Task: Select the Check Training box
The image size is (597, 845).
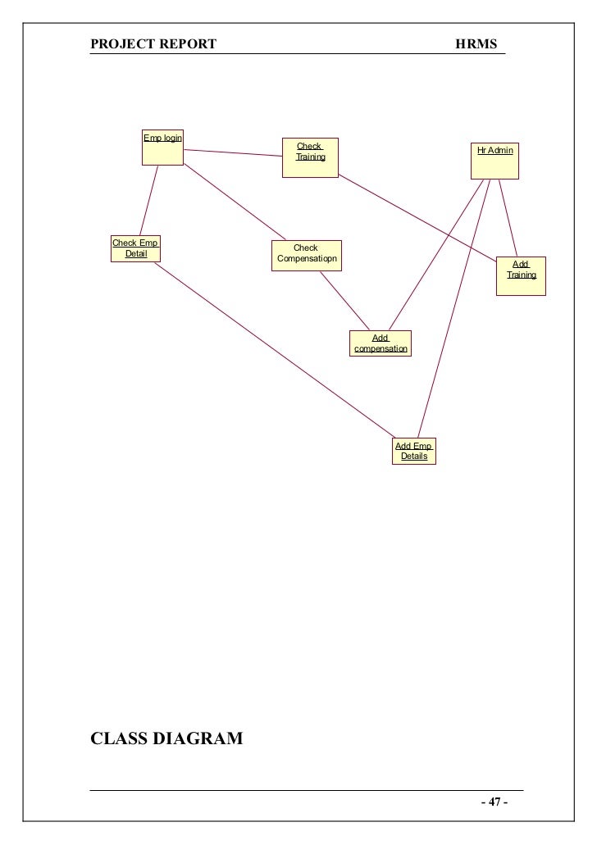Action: (310, 157)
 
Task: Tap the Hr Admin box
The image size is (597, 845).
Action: (494, 161)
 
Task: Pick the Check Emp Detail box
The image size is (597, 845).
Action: (135, 248)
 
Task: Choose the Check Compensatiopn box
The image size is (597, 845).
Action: (307, 255)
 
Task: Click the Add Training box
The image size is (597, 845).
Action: (521, 276)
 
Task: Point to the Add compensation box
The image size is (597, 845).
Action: (381, 343)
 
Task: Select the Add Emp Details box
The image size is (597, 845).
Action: (414, 451)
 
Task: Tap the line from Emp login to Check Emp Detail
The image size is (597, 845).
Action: (148, 201)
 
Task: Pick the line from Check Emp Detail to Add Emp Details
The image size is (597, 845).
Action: (275, 350)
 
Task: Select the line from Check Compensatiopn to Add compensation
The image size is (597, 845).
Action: (344, 301)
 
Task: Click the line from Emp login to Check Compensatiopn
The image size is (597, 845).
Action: (235, 202)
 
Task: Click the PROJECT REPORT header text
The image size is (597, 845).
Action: (153, 44)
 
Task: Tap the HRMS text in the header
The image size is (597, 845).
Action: (476, 44)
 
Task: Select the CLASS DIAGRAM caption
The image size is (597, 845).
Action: (166, 738)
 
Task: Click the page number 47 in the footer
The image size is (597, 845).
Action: (494, 802)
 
